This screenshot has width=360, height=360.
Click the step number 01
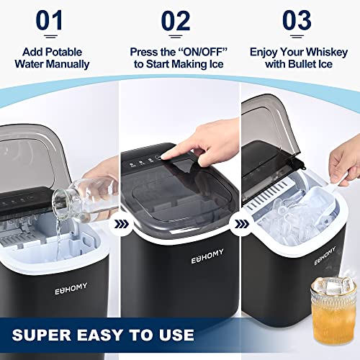(x=53, y=22)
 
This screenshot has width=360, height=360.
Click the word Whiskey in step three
(x=327, y=52)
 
